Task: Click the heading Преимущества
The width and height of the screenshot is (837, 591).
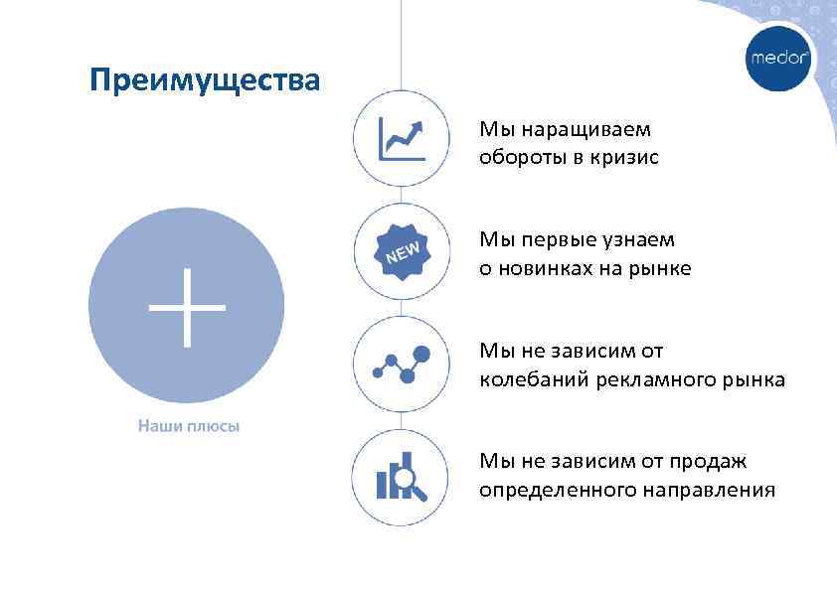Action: [x=204, y=79]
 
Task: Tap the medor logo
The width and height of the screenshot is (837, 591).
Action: [x=779, y=58]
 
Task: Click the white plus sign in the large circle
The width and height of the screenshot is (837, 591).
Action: [x=187, y=307]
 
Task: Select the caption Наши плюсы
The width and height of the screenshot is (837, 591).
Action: [x=188, y=426]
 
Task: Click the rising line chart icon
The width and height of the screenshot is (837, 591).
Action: [x=402, y=139]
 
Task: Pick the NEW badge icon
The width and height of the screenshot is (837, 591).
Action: [x=402, y=252]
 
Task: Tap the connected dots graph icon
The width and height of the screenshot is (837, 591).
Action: [x=402, y=365]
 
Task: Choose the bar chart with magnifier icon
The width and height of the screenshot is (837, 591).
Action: [x=402, y=479]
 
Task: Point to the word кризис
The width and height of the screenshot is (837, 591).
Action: [x=625, y=157]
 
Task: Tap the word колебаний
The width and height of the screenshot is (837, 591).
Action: [x=534, y=380]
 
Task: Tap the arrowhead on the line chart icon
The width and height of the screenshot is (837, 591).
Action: [x=418, y=127]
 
